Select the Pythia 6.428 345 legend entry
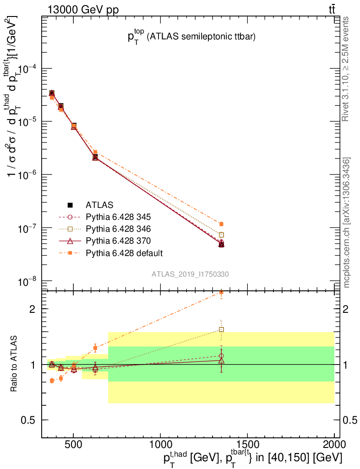[x=118, y=217]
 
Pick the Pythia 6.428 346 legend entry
[x=118, y=229]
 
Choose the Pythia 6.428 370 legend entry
[x=118, y=240]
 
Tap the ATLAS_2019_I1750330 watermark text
[x=191, y=274]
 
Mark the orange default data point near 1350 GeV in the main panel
[x=221, y=224]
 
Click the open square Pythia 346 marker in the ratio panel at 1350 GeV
[x=221, y=329]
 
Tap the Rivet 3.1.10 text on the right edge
[x=347, y=69]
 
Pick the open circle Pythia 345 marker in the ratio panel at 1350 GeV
[x=221, y=355]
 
